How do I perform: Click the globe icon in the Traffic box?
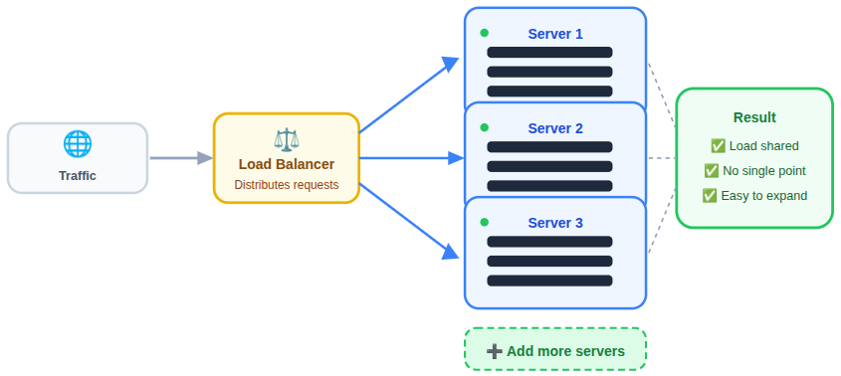pyautogui.click(x=78, y=144)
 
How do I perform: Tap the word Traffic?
pyautogui.click(x=78, y=176)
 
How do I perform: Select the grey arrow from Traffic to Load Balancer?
pyautogui.click(x=180, y=157)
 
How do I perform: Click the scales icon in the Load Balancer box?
pyautogui.click(x=287, y=139)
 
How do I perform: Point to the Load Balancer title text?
pyautogui.click(x=287, y=164)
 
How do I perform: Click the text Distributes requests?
pyautogui.click(x=287, y=185)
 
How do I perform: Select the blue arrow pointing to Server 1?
pyautogui.click(x=408, y=95)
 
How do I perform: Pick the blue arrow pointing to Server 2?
pyautogui.click(x=410, y=157)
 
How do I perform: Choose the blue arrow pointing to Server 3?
pyautogui.click(x=408, y=220)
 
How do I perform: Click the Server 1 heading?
pyautogui.click(x=555, y=34)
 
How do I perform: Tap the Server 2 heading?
pyautogui.click(x=555, y=128)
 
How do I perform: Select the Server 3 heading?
pyautogui.click(x=555, y=223)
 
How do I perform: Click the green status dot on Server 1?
pyautogui.click(x=485, y=33)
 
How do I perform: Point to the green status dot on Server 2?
pyautogui.click(x=485, y=127)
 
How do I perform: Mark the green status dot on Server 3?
pyautogui.click(x=485, y=222)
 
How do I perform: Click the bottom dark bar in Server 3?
pyautogui.click(x=549, y=281)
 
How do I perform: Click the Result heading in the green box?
pyautogui.click(x=754, y=117)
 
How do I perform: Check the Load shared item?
pyautogui.click(x=754, y=146)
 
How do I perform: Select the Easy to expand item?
pyautogui.click(x=754, y=196)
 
